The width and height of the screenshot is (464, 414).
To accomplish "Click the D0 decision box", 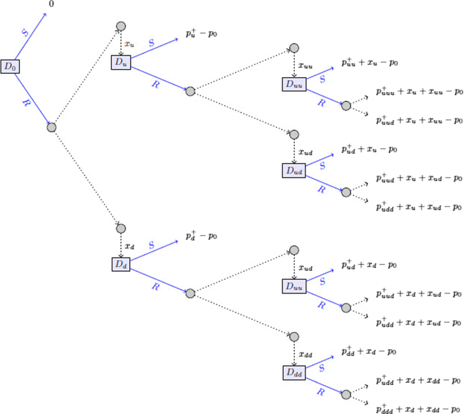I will pos(9,66).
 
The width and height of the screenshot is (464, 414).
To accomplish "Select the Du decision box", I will pos(121,63).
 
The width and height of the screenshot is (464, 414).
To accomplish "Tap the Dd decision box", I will pos(121,264).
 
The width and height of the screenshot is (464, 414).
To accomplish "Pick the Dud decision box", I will pos(294,171).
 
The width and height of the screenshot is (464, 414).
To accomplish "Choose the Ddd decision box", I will pos(294,372).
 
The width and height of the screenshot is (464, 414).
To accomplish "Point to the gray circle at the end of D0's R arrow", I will pos(51,127).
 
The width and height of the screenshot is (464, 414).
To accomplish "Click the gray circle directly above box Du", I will pos(121,26).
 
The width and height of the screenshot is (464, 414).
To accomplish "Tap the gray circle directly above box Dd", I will pos(121,229).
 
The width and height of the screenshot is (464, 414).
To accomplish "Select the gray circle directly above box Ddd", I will pos(294,337).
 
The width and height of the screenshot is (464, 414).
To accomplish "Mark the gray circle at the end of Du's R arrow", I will pos(190,91).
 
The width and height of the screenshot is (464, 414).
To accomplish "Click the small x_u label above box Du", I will pos(129,44).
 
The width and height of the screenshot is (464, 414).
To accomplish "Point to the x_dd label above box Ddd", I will pos(306,354).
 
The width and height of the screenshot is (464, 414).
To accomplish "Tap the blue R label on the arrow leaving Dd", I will pos(155,287).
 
